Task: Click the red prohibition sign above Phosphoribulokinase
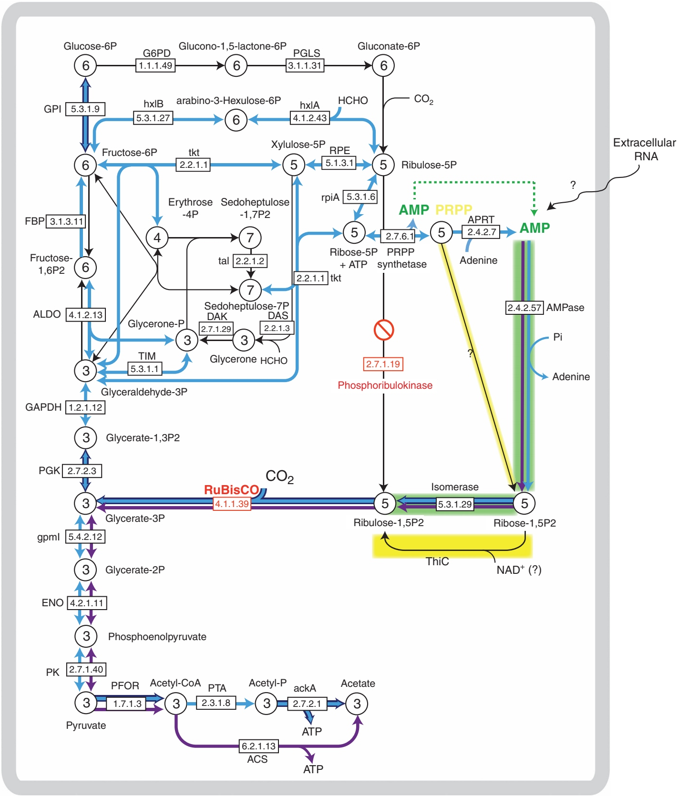click(x=383, y=330)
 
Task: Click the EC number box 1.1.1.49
click(x=155, y=65)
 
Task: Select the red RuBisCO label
click(x=231, y=490)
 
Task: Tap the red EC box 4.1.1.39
click(x=232, y=504)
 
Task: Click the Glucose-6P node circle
click(x=85, y=65)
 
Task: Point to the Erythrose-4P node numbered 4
click(x=157, y=238)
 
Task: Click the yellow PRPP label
click(x=453, y=209)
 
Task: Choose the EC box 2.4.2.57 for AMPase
click(x=524, y=308)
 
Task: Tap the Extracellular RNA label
click(x=644, y=149)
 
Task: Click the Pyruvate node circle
click(x=86, y=703)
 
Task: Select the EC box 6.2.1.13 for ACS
click(x=258, y=746)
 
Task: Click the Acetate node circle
click(x=357, y=704)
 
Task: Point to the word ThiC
click(x=437, y=561)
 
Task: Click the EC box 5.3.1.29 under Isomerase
click(x=455, y=504)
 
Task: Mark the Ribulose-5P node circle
click(x=383, y=165)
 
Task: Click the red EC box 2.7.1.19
click(x=383, y=364)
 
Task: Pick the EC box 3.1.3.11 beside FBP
click(x=66, y=221)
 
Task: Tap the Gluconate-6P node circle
click(x=383, y=65)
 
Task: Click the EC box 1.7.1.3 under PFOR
click(x=127, y=704)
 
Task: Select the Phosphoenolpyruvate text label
click(x=157, y=637)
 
